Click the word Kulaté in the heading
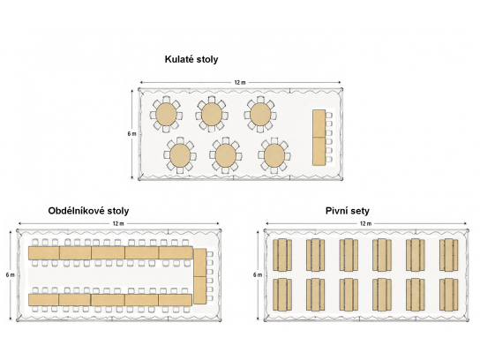click(x=178, y=59)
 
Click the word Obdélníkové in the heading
click(x=76, y=211)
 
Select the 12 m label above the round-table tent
click(x=240, y=82)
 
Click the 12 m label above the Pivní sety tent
click(x=365, y=223)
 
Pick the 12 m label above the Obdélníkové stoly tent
click(x=118, y=223)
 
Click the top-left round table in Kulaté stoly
click(x=166, y=114)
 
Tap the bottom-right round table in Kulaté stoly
click(x=274, y=155)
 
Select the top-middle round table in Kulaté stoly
click(x=212, y=114)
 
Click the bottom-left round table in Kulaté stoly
click(x=180, y=155)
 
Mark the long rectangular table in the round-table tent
click(x=319, y=138)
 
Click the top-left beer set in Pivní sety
click(x=282, y=255)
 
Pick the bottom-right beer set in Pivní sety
click(x=449, y=295)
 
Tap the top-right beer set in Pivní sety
click(x=449, y=255)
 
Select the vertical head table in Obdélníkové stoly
click(x=200, y=276)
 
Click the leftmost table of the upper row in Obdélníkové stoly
click(x=44, y=253)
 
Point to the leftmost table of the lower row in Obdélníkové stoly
click(x=43, y=300)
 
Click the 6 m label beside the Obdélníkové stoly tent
click(x=10, y=275)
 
